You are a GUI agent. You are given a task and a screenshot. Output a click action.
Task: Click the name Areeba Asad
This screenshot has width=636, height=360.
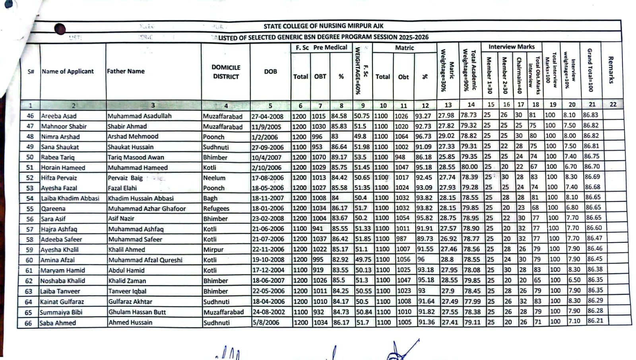[59, 116]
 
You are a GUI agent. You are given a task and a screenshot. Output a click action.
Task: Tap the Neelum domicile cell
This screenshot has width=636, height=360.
[214, 178]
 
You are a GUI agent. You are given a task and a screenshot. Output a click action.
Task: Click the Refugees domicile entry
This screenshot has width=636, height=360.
[216, 208]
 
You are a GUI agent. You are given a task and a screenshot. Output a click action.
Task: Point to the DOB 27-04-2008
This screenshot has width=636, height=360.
[267, 117]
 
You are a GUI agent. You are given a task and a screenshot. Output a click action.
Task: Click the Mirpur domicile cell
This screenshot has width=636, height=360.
[213, 249]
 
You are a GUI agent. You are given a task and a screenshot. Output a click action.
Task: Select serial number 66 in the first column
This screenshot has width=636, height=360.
[28, 323]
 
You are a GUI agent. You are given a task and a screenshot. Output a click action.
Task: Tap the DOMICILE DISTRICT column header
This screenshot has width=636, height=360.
[226, 72]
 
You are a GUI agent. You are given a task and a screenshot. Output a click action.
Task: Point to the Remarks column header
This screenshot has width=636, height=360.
[611, 70]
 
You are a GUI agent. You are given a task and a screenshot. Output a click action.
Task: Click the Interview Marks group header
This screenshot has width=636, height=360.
[511, 47]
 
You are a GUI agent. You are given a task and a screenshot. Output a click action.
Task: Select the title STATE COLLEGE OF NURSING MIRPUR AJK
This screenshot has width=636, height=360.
[323, 26]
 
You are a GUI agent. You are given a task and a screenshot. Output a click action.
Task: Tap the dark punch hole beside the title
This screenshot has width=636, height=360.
[60, 29]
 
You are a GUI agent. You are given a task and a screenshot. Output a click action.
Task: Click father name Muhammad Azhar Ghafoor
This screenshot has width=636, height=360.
[147, 208]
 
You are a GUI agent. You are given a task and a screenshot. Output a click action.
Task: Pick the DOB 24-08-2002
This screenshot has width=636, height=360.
[268, 312]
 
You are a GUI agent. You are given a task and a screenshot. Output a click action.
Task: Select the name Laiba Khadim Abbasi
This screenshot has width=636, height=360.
[70, 198]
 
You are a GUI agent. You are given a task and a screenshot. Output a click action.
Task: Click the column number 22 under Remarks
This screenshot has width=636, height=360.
[613, 104]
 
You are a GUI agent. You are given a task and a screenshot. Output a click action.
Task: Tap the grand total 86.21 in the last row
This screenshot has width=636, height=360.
[595, 321]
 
